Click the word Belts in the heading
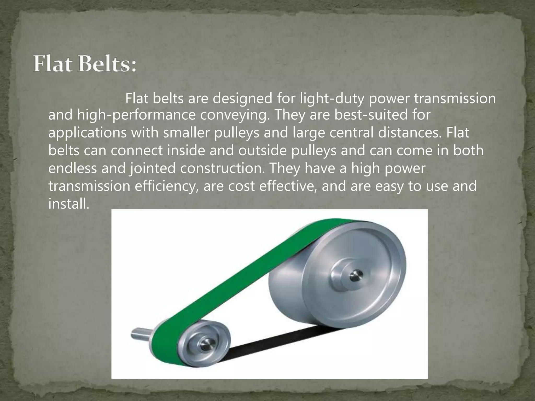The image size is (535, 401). click(x=107, y=64)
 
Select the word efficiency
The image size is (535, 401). click(x=165, y=186)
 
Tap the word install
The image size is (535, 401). click(x=69, y=204)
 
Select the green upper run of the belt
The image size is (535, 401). click(x=235, y=274)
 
